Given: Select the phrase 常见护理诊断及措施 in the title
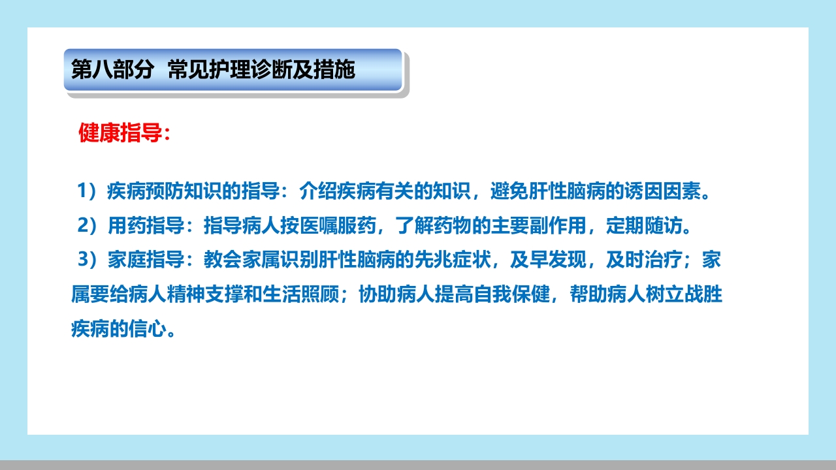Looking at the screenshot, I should [x=261, y=69].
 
